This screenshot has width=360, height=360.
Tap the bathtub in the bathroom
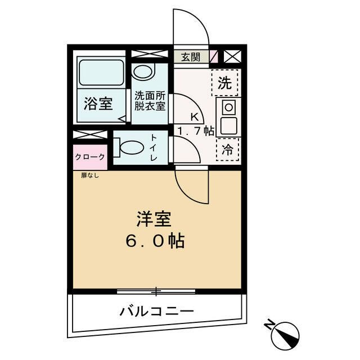(102, 73)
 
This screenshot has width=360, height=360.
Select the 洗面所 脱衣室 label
(149, 100)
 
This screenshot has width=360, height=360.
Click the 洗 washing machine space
(224, 84)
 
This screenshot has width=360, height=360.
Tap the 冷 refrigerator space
(228, 150)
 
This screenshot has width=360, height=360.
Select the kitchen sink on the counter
(228, 125)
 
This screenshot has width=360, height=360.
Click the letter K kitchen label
(194, 118)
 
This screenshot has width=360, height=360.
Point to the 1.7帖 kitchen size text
(195, 131)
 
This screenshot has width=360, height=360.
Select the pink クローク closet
(90, 157)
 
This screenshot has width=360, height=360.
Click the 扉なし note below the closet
(89, 175)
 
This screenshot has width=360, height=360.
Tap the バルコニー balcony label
(156, 310)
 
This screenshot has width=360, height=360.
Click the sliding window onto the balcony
(156, 291)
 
